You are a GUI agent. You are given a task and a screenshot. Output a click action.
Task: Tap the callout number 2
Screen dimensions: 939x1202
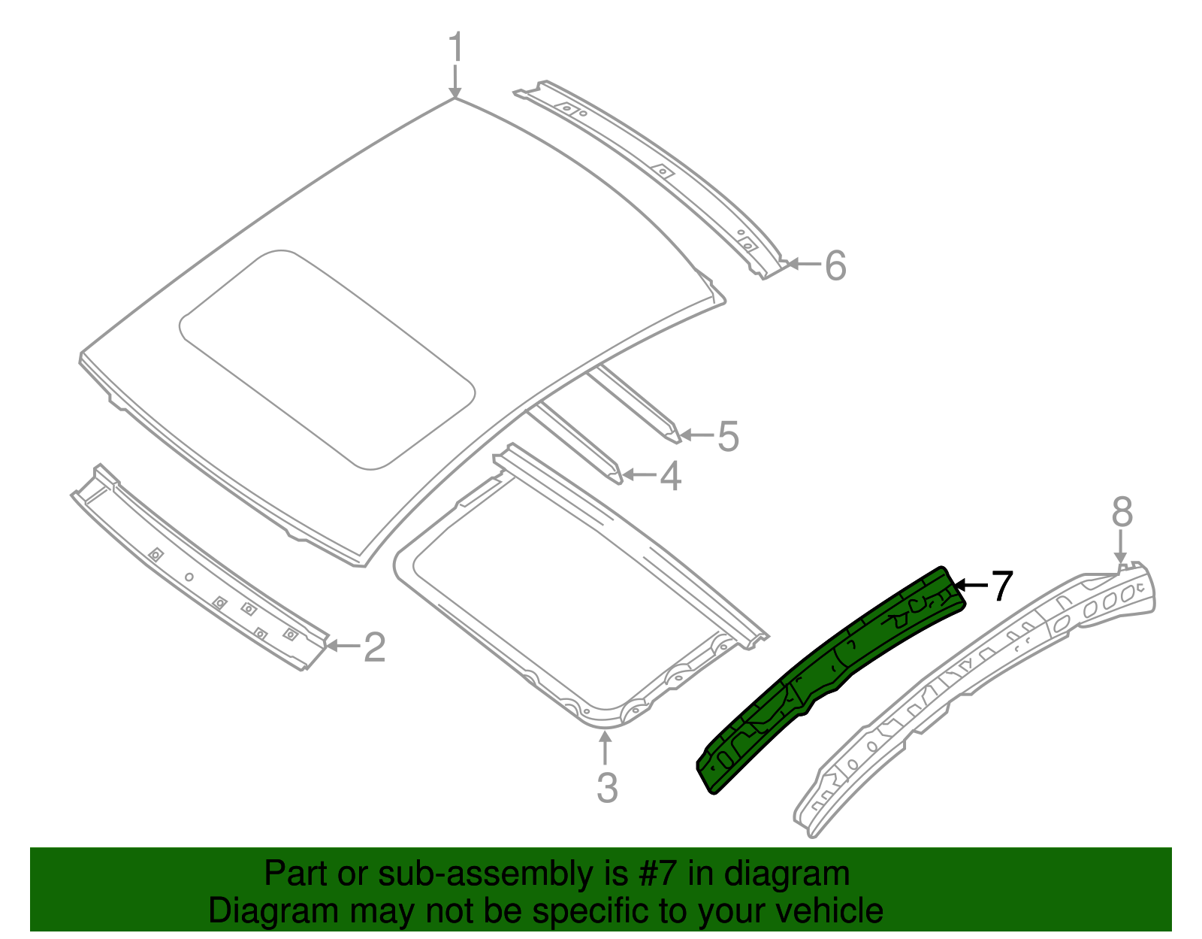(x=374, y=647)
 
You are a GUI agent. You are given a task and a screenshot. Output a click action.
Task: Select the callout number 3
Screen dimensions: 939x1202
(x=607, y=788)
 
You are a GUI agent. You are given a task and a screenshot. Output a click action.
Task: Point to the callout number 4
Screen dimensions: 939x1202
(x=671, y=476)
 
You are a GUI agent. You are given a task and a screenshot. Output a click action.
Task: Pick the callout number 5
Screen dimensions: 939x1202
(x=728, y=436)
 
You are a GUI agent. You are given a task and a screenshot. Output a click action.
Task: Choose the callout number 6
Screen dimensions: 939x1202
(x=835, y=265)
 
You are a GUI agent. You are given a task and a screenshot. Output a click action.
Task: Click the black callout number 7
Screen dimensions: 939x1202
(x=1002, y=586)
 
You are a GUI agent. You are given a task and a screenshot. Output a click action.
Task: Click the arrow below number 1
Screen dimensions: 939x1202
(x=455, y=81)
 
